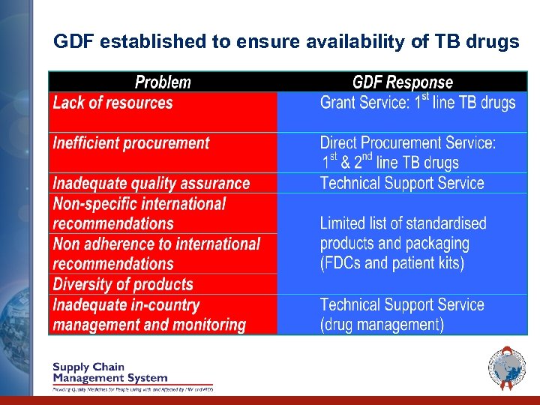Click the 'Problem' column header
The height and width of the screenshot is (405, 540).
[x=163, y=82]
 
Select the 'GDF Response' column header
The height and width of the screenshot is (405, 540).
[x=403, y=82]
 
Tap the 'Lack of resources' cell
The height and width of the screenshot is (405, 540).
[x=112, y=103]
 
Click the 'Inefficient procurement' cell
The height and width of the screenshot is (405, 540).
[x=131, y=143]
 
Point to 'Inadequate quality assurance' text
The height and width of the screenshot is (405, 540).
[x=151, y=183]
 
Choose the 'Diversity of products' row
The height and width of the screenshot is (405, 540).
[x=123, y=284]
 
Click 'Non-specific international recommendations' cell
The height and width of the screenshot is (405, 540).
[x=139, y=214]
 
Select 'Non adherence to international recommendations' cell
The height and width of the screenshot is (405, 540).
[x=156, y=253]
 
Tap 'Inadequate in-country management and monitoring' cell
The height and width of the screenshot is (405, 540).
[x=148, y=315]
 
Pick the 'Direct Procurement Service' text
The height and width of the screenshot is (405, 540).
[x=407, y=142]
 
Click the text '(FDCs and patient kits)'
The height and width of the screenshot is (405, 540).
[x=391, y=263]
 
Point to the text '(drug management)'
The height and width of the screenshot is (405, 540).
[x=382, y=325]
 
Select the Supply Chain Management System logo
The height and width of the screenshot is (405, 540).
[x=110, y=373]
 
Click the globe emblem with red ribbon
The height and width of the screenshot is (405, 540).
[x=507, y=367]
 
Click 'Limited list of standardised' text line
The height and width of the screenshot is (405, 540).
[x=403, y=223]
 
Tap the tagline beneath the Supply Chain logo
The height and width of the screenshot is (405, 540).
[x=132, y=389]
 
